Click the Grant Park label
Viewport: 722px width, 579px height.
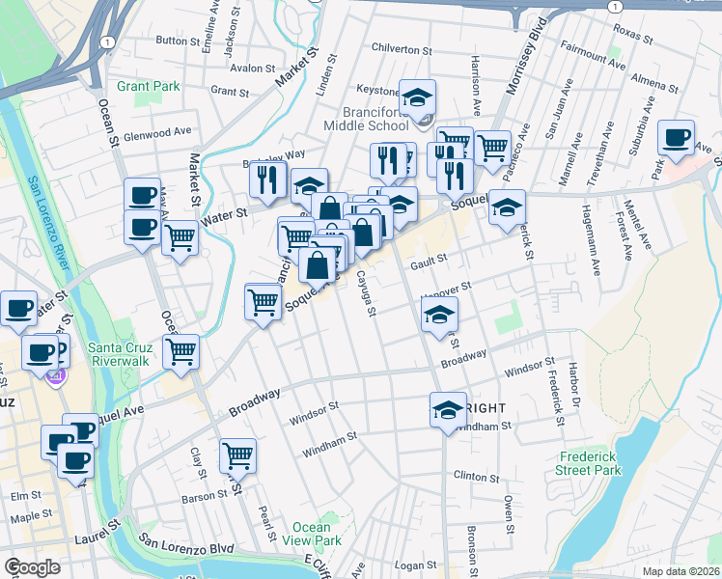(x=149, y=86)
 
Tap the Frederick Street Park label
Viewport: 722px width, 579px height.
(x=590, y=463)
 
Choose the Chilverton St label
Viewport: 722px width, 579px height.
(x=402, y=49)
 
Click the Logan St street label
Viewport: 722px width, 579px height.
(x=416, y=565)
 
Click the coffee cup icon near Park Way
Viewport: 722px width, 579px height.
(x=677, y=136)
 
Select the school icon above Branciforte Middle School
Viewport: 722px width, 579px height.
(x=418, y=96)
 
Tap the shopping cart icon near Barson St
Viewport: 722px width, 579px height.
(x=237, y=454)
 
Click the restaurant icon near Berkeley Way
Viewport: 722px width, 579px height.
(x=266, y=178)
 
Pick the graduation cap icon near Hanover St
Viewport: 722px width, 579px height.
(x=439, y=314)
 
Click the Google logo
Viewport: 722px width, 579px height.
(x=32, y=567)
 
